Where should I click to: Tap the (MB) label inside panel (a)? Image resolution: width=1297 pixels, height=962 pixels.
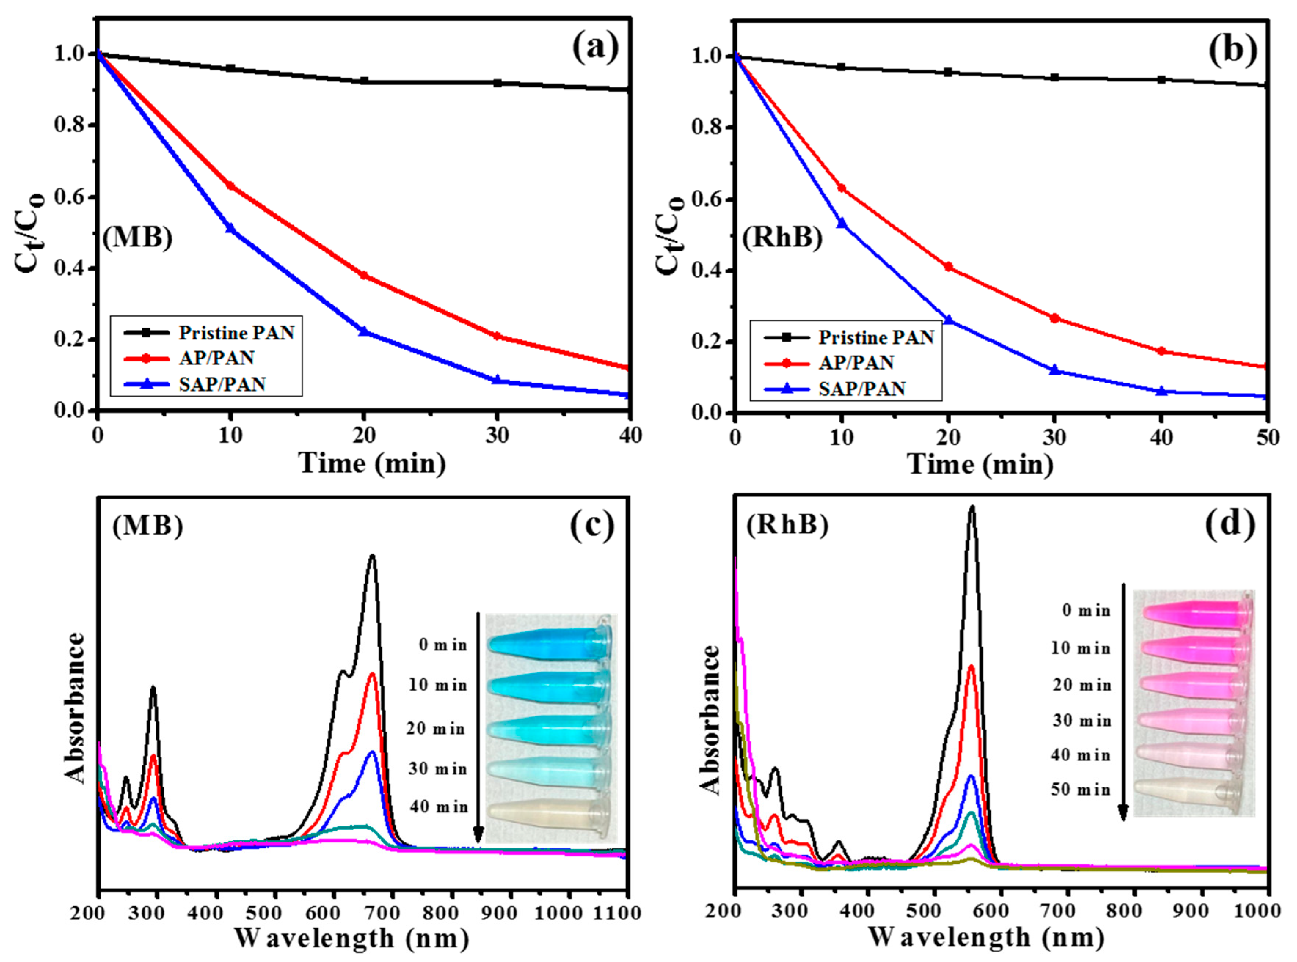pos(138,239)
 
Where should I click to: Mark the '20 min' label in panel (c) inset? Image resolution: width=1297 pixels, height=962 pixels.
pos(436,729)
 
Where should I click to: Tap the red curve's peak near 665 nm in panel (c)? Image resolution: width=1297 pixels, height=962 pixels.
pos(372,674)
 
